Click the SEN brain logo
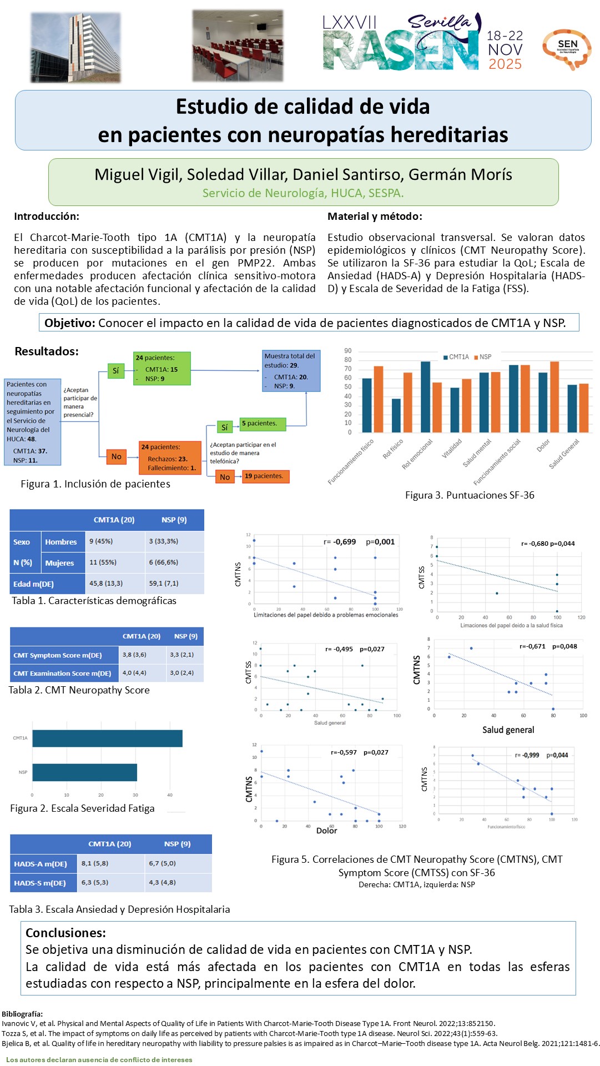tap(567, 49)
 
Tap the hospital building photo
tap(75, 47)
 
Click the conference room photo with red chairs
tap(238, 46)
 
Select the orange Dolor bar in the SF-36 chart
tap(554, 396)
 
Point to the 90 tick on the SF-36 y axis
tap(348, 351)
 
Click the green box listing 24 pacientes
tap(162, 368)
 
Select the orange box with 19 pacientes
tap(265, 476)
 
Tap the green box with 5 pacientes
tap(263, 424)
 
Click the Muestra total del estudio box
tap(291, 370)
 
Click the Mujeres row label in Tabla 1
tap(59, 563)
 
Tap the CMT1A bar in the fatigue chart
tap(107, 738)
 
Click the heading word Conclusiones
tap(65, 933)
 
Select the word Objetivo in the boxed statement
tap(70, 323)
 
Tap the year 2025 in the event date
tap(505, 64)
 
